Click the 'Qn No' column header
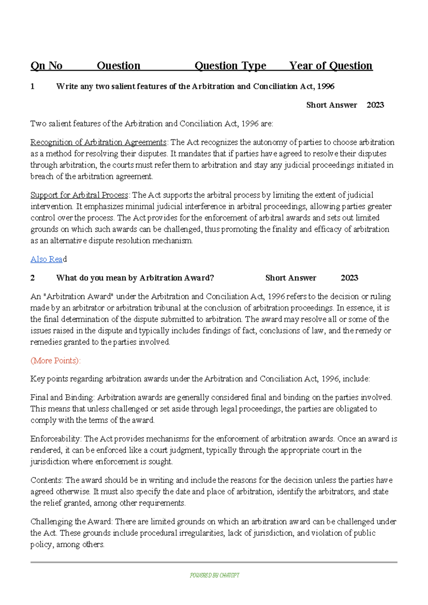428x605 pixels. (46, 66)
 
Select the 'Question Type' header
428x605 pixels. (230, 66)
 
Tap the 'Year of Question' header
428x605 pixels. (331, 66)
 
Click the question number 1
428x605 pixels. (32, 86)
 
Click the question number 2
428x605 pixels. (32, 278)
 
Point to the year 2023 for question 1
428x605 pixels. (375, 105)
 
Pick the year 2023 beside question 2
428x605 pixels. (349, 278)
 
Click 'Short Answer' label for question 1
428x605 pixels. (331, 105)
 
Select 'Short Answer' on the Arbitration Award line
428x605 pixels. (291, 278)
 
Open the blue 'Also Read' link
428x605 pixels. (48, 259)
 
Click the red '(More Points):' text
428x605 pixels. (56, 361)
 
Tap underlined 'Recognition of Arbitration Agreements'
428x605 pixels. (98, 142)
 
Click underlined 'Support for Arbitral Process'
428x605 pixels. (79, 195)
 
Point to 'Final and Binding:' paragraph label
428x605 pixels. (62, 397)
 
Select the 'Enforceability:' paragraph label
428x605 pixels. (56, 439)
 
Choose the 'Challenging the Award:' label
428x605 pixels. (72, 522)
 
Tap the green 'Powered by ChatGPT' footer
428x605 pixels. (214, 575)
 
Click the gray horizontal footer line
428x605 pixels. (214, 562)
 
